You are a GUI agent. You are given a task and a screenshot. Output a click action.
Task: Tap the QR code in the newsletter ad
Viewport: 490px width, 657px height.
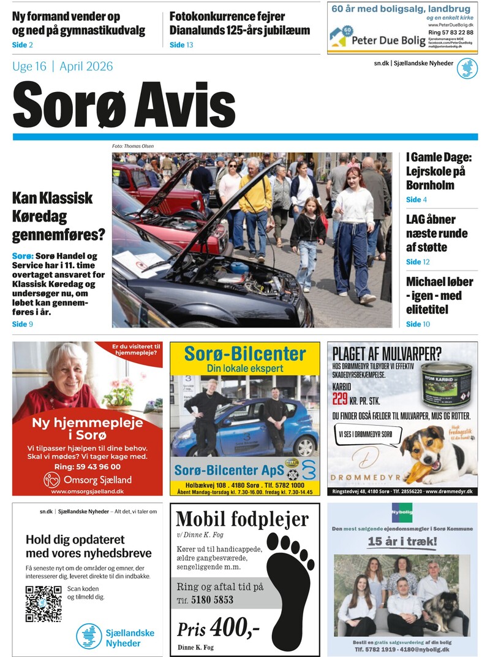point(43,604)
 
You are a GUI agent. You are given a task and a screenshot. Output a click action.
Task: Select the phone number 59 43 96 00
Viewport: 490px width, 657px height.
point(99,466)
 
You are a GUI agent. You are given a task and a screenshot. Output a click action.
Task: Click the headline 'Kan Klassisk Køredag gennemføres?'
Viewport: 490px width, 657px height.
point(58,216)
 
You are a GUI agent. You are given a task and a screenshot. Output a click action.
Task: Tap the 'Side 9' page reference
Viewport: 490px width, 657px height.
point(23,324)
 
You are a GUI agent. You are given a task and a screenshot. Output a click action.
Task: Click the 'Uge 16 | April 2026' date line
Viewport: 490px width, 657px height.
point(62,67)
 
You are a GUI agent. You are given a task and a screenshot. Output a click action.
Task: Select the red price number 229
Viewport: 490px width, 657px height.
point(340,399)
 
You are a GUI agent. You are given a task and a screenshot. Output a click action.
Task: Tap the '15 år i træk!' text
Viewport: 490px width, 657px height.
point(402,542)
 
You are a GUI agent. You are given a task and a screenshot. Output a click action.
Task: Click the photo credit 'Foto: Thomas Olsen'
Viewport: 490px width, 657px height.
point(133,146)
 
